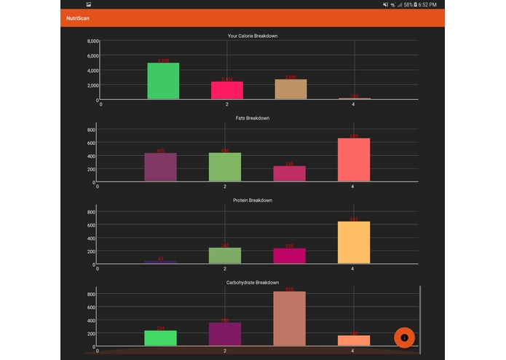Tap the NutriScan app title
pos(78,17)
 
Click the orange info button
pos(404,337)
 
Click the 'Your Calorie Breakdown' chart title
pos(252,36)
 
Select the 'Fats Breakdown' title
pos(252,118)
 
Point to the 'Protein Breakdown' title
pos(252,200)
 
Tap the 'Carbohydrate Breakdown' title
pos(252,282)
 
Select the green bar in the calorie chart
pos(163,81)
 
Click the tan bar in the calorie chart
pos(290,89)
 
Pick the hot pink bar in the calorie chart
pos(227,90)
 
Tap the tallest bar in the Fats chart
pos(354,160)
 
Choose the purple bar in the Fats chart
pos(160,167)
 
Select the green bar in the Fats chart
pos(225,167)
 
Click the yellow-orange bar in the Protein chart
pos(354,243)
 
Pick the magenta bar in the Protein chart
pos(289,256)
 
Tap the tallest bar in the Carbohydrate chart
pos(289,318)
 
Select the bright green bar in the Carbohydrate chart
pos(160,338)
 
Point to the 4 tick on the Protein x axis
pos(352,269)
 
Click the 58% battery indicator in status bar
pos(411,4)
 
